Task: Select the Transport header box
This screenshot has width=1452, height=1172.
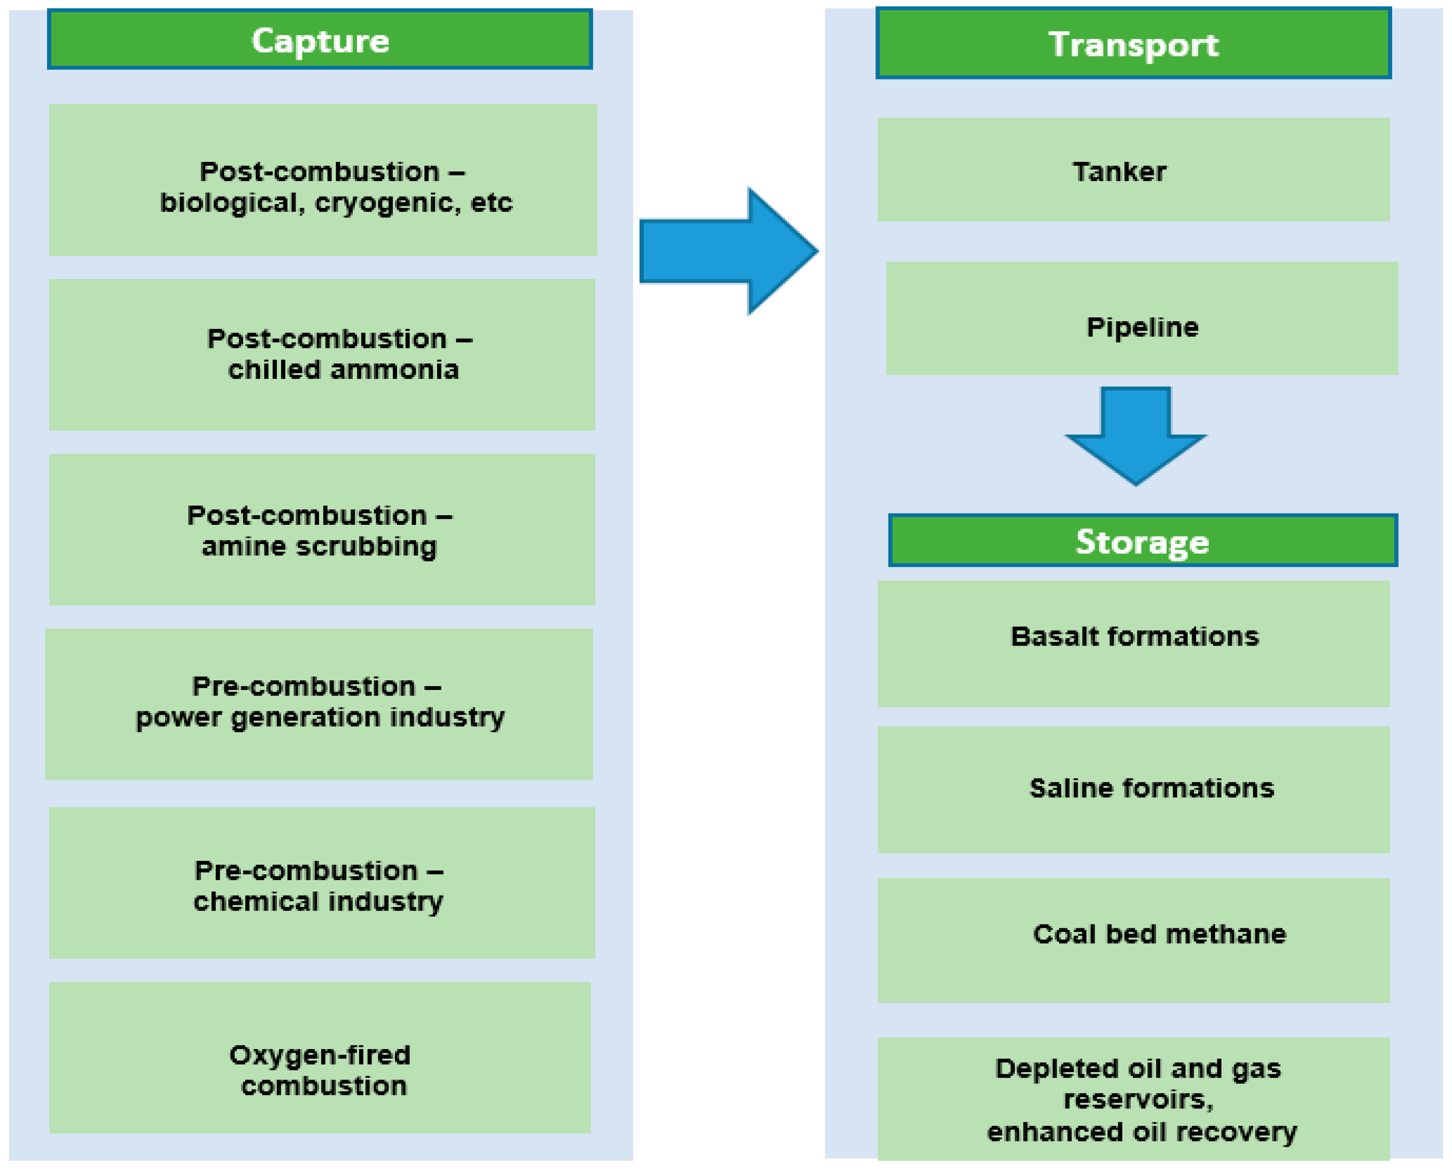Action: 1133,44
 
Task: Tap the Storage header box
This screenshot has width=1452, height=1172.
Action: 1142,541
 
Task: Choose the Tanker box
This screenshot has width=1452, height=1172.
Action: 1133,170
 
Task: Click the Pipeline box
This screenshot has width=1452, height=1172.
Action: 1142,319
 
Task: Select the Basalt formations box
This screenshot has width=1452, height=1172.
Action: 1133,643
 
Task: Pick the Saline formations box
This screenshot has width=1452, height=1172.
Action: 1133,789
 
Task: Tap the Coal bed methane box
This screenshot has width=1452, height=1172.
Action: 1133,940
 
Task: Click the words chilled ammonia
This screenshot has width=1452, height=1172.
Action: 343,370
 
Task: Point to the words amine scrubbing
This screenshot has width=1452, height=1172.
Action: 319,546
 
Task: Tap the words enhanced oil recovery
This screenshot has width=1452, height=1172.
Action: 1142,1131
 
